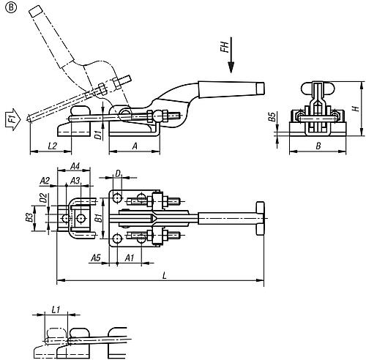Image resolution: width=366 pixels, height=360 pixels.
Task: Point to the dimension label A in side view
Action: pyautogui.click(x=134, y=146)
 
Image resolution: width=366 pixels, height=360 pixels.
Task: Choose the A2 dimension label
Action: pyautogui.click(x=44, y=180)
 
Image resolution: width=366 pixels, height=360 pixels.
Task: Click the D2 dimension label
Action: pyautogui.click(x=43, y=198)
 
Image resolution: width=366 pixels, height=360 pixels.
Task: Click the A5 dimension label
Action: pyautogui.click(x=95, y=258)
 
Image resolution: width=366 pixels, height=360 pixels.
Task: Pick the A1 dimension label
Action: pyautogui.click(x=129, y=258)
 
